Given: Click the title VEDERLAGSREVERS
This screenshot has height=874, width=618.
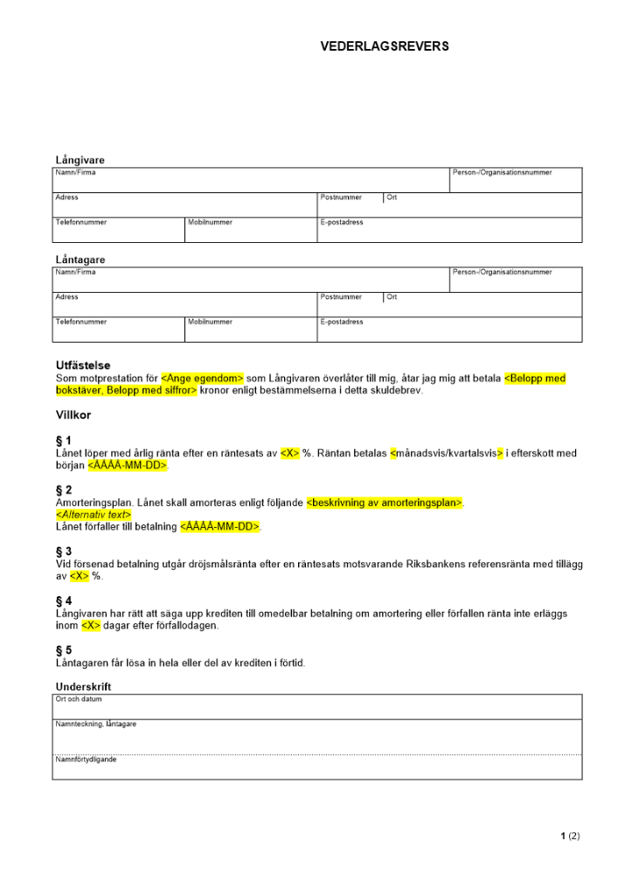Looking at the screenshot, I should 385,46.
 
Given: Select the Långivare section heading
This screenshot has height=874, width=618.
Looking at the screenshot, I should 80,160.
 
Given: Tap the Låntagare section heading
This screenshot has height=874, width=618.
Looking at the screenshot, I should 80,260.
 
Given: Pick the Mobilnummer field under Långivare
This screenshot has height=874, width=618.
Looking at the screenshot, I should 251,230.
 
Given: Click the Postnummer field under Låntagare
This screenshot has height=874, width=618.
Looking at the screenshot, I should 351,304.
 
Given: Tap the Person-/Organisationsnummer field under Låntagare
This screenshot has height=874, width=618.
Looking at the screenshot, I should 516,280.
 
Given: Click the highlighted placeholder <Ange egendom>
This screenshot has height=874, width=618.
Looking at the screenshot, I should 202,378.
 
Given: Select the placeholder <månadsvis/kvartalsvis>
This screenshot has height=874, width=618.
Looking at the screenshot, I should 446,454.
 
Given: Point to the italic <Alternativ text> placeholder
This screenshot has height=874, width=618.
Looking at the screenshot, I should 93,515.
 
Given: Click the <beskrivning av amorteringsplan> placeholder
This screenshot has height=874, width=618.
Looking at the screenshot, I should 385,503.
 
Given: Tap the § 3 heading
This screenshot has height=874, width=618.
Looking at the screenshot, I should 64,551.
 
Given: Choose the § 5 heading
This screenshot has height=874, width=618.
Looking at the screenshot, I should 64,651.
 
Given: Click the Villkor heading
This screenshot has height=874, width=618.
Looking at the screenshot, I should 73,415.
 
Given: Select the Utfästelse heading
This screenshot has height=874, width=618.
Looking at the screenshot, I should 83,365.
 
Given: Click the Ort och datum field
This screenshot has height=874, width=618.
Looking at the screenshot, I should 316,706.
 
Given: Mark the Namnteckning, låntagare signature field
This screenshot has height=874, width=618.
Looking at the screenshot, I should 316,737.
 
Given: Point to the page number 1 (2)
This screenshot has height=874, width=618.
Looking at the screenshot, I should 570,836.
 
